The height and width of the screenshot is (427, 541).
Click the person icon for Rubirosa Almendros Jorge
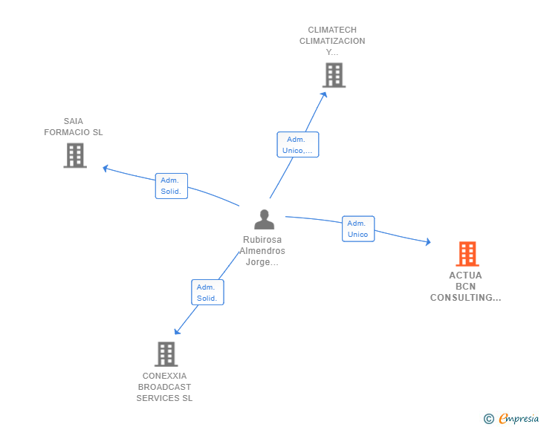pos(264,220)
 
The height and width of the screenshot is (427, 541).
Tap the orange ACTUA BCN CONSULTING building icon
pos(467,254)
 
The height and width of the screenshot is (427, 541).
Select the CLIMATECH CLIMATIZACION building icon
pos(334,75)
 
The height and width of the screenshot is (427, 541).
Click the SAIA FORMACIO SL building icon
pos(75,155)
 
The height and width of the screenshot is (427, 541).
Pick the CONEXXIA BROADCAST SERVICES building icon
pos(166,354)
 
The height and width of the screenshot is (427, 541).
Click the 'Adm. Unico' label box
pos(357,229)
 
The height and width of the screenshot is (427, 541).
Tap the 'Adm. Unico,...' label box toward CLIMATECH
pos(297,145)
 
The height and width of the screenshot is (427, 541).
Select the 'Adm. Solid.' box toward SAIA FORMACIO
pos(171,186)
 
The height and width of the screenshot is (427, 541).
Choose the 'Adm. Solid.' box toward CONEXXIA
pos(207,293)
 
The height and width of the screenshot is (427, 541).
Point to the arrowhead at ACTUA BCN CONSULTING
pos(427,241)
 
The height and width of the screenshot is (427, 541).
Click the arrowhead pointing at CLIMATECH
pos(324,93)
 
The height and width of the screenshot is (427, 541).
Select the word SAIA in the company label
pos(74,121)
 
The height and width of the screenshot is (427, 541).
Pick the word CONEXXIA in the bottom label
pos(164,376)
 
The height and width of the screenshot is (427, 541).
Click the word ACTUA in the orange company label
pos(465,276)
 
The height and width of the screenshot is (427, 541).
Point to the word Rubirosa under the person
pos(262,240)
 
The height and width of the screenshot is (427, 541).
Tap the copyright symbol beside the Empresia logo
pos(489,419)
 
